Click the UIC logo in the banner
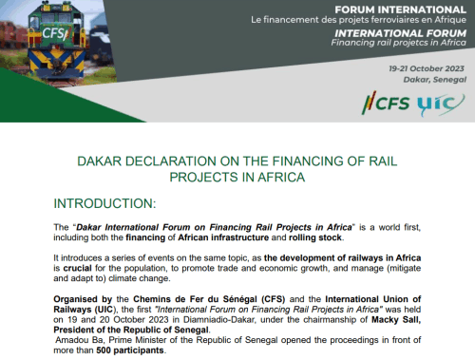[x=441, y=104]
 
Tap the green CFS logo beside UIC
[x=386, y=104]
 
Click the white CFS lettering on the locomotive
[x=55, y=33]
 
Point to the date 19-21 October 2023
[x=427, y=68]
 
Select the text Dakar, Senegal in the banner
[x=434, y=80]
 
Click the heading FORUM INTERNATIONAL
[x=400, y=9]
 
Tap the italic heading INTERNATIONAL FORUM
[x=400, y=33]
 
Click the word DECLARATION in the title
[x=171, y=161]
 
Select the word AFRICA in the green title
[x=281, y=178]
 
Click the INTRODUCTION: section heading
[x=104, y=203]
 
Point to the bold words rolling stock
[x=315, y=237]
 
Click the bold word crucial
[x=77, y=268]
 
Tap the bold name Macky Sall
[x=396, y=319]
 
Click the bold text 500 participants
[x=130, y=351]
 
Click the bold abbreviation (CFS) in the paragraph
[x=273, y=299]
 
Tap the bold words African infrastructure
[x=223, y=237]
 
